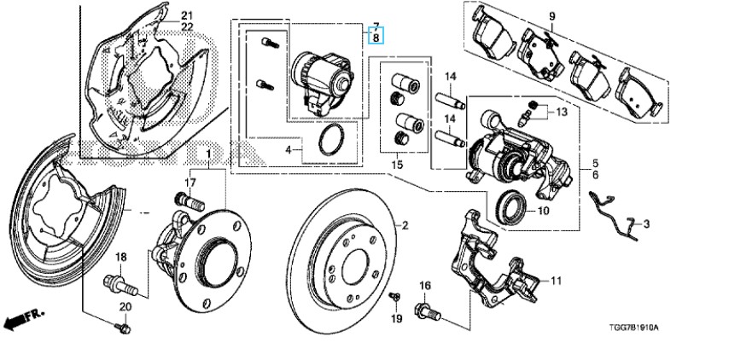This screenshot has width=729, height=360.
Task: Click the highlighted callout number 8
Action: click(376, 36)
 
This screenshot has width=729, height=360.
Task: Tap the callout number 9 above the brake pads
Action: click(551, 17)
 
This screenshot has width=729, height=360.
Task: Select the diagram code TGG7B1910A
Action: click(633, 328)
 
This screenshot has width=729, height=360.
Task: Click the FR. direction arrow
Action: click(23, 319)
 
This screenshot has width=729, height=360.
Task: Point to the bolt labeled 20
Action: click(123, 328)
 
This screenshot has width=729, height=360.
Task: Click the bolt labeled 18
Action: click(120, 284)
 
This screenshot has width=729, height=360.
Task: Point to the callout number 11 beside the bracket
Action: click(556, 281)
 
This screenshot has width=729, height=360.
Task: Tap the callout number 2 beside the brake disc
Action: click(405, 226)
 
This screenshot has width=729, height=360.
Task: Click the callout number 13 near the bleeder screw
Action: click(562, 112)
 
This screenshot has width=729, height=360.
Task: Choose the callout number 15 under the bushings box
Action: click(397, 165)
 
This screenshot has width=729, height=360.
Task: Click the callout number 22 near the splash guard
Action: click(187, 27)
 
